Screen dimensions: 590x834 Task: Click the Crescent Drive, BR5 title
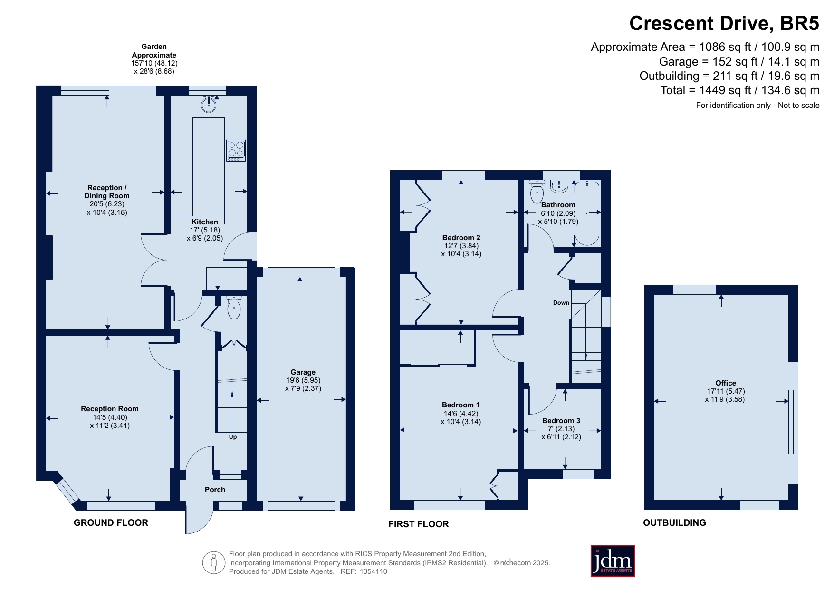pyautogui.click(x=724, y=24)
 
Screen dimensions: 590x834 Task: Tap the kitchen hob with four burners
pyautogui.click(x=236, y=150)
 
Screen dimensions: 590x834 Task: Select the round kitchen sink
pyautogui.click(x=209, y=104)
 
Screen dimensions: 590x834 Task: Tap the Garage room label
pyautogui.click(x=303, y=372)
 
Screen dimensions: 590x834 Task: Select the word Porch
pyautogui.click(x=215, y=490)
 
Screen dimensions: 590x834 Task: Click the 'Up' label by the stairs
pyautogui.click(x=233, y=437)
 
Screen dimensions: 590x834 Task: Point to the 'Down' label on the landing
pyautogui.click(x=561, y=303)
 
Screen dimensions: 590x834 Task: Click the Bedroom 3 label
pyautogui.click(x=561, y=421)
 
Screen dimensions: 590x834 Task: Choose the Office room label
pyautogui.click(x=725, y=383)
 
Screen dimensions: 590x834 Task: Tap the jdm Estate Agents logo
pyautogui.click(x=612, y=561)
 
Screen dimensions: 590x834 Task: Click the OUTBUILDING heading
pyautogui.click(x=674, y=523)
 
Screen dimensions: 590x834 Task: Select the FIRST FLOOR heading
pyautogui.click(x=418, y=524)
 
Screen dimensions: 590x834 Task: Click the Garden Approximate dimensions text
pyautogui.click(x=154, y=59)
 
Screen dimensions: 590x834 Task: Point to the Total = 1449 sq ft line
pyautogui.click(x=739, y=90)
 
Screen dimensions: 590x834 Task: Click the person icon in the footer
pyautogui.click(x=214, y=563)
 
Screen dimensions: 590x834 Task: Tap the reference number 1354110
pyautogui.click(x=374, y=572)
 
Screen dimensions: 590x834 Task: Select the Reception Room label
pyautogui.click(x=110, y=409)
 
